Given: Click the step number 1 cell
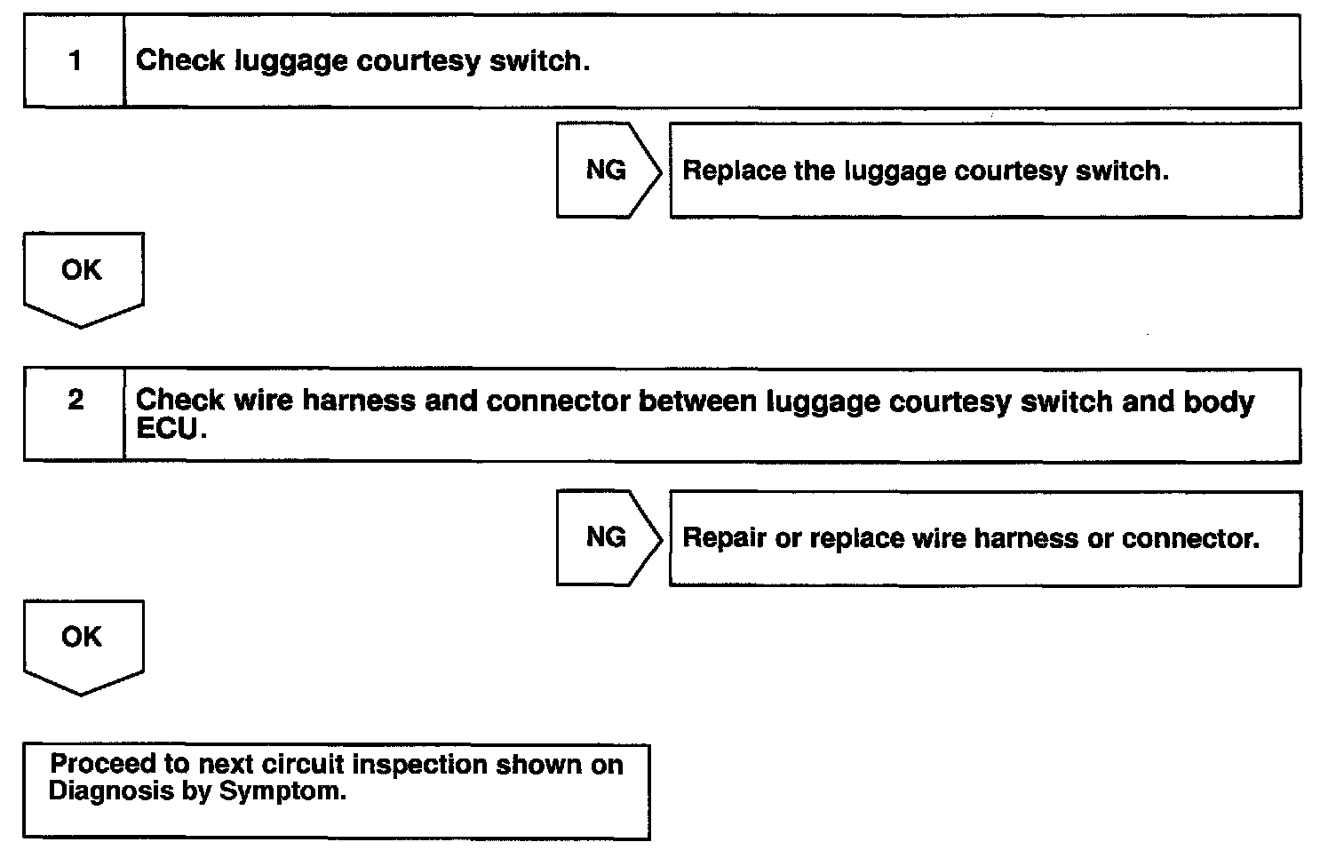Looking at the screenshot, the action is pyautogui.click(x=75, y=60).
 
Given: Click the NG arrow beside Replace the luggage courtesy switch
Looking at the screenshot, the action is pyautogui.click(x=608, y=170).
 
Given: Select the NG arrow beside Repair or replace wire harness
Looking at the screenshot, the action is pyautogui.click(x=608, y=537).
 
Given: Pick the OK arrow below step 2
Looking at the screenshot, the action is pyautogui.click(x=82, y=641).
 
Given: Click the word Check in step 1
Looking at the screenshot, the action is pyautogui.click(x=179, y=60).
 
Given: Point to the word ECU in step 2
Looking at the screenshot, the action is pyautogui.click(x=165, y=429).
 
